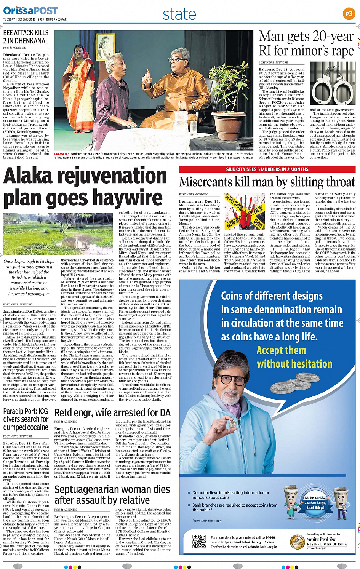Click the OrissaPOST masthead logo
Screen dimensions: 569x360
point(30,11)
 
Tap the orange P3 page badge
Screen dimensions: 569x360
point(349,14)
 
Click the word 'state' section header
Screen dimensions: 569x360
point(179,14)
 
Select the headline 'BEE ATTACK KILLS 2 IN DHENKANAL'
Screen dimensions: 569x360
point(26,37)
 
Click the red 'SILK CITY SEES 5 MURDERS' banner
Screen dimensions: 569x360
point(267,169)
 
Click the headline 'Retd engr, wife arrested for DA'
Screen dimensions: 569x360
point(112,413)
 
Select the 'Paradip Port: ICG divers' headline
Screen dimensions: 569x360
point(26,419)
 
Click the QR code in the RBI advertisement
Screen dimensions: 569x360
point(199,541)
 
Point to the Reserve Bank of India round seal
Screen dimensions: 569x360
point(297,542)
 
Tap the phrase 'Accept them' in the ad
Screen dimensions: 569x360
point(281,350)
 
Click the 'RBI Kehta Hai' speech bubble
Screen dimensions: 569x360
point(315,503)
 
